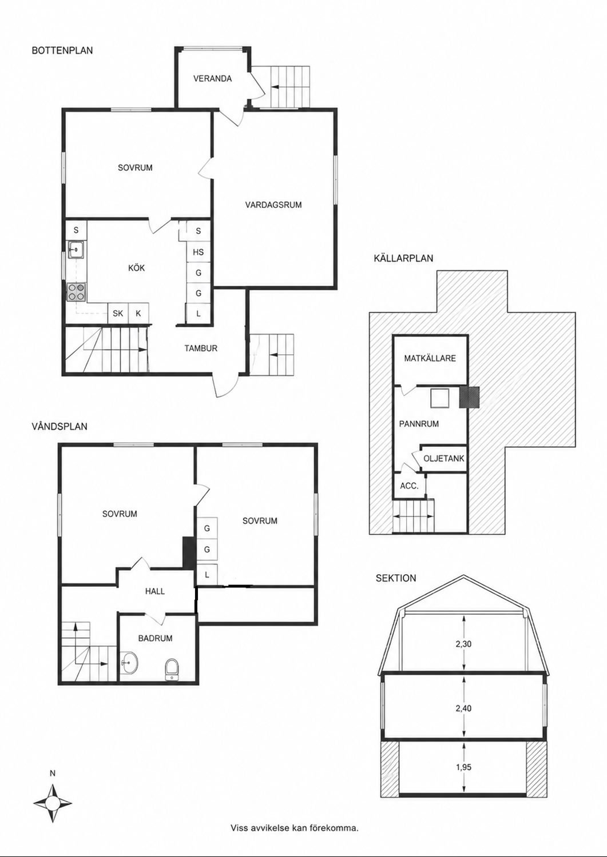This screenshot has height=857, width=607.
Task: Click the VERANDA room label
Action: click(212, 79)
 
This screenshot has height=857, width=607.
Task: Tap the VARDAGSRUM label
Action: click(273, 205)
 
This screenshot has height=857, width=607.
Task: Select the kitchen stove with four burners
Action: click(76, 292)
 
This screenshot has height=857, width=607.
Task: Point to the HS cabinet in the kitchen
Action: click(198, 252)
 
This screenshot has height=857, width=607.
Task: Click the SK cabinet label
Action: click(118, 313)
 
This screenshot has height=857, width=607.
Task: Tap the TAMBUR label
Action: click(201, 349)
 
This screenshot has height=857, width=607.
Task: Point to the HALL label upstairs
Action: click(155, 591)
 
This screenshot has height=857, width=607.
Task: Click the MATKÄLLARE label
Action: click(430, 358)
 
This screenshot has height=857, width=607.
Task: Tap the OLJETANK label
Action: click(444, 458)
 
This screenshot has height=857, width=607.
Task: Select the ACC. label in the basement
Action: click(409, 486)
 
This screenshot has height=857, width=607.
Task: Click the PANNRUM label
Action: click(419, 424)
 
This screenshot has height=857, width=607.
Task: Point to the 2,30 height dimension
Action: click(463, 644)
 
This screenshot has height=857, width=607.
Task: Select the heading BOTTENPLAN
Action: click(62, 50)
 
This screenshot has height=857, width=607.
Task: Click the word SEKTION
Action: click(395, 578)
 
